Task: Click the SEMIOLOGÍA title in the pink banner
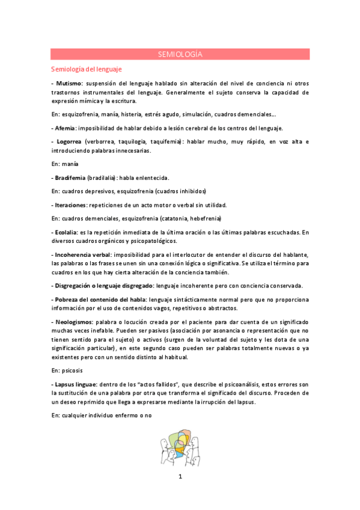(x=180, y=54)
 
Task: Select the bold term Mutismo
(x=69, y=83)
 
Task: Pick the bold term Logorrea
(x=69, y=141)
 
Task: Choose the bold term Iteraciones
(x=70, y=205)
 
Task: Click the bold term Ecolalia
(x=67, y=232)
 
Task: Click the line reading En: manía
(x=66, y=164)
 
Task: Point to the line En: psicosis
(x=68, y=370)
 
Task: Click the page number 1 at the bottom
(x=180, y=477)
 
